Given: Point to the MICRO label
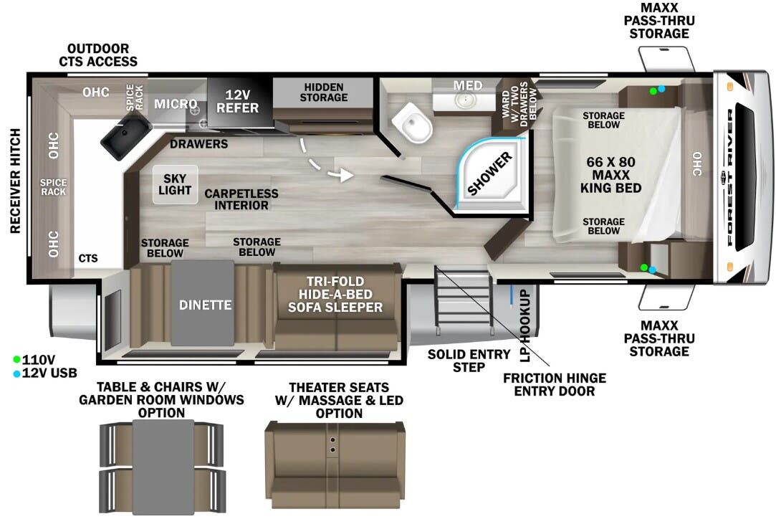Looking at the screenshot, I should (176, 104).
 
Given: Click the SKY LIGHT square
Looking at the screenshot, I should (175, 184).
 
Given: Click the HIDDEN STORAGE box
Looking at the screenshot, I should (322, 92).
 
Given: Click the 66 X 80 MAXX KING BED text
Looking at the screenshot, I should (610, 175).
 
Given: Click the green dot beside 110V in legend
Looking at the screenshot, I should (16, 358).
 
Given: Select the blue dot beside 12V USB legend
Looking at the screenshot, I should (16, 373).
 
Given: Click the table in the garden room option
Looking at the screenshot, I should (163, 466).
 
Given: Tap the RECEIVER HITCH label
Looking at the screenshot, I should (15, 181).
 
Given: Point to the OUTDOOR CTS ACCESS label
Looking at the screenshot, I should (98, 55).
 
